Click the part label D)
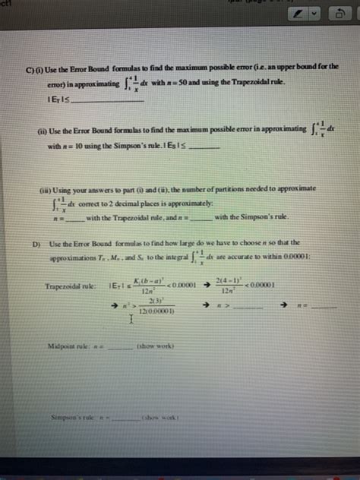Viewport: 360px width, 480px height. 36,245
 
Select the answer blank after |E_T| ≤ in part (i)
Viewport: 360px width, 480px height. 106,99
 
